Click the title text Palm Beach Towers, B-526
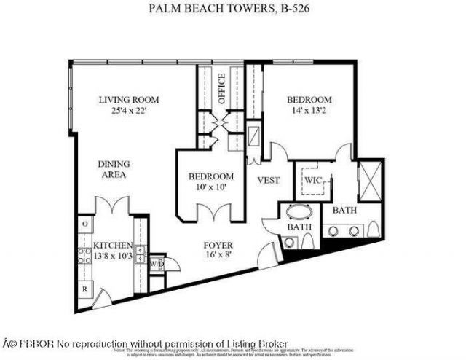click(x=234, y=9)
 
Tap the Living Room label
click(x=130, y=100)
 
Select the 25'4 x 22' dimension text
click(x=130, y=111)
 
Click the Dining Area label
click(x=113, y=170)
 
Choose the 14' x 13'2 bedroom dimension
click(x=309, y=111)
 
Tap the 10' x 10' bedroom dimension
click(x=211, y=188)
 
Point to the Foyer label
click(x=218, y=245)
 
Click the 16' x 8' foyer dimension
click(x=218, y=257)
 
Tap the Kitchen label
click(x=113, y=246)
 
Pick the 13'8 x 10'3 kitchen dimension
click(x=113, y=257)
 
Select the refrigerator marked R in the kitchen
click(x=85, y=288)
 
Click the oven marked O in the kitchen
click(x=84, y=224)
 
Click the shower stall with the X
click(x=368, y=178)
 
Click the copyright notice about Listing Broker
click(x=146, y=343)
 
